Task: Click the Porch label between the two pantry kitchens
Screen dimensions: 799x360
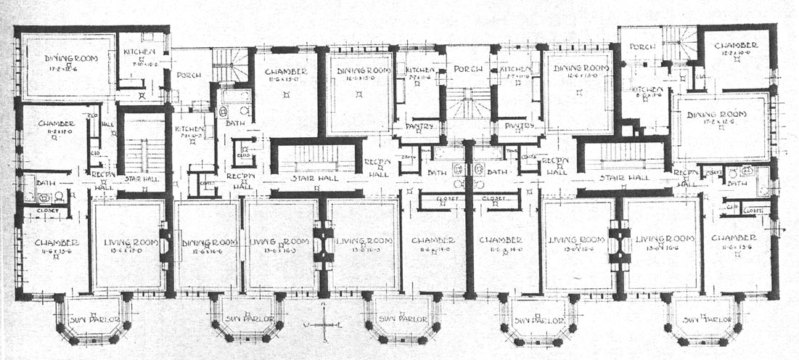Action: [x=468, y=69]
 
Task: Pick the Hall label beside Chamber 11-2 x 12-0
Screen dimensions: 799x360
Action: [x=107, y=124]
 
